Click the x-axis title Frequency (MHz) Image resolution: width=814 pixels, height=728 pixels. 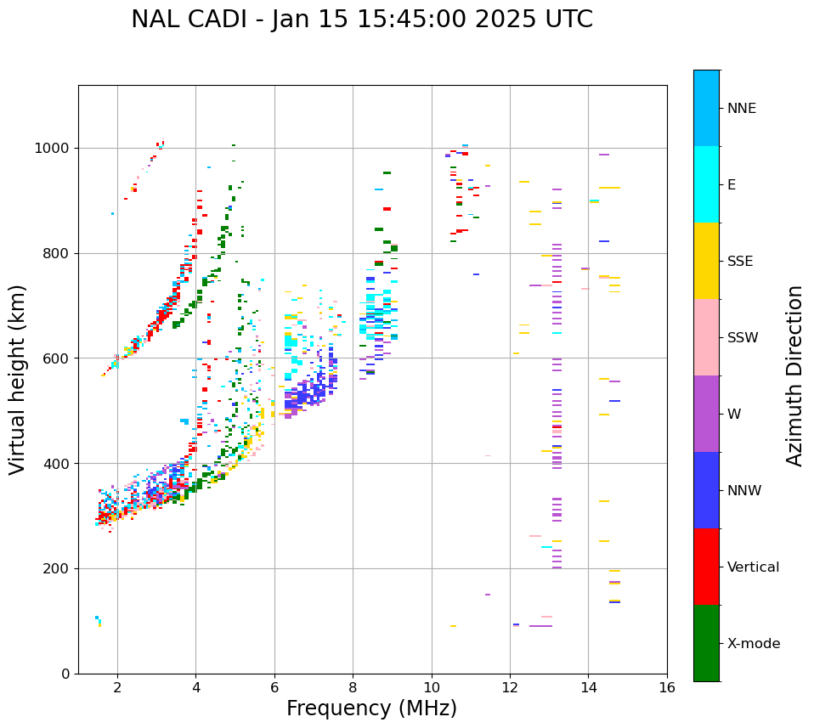point(371,708)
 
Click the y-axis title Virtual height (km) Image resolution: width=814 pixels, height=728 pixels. point(19,380)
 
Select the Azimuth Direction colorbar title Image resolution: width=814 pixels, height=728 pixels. point(794,375)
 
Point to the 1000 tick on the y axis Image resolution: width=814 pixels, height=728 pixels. point(54,148)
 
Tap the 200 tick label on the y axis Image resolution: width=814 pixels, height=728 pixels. point(59,568)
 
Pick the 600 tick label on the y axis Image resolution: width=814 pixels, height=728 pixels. point(59,358)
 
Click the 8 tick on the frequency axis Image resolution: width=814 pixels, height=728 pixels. point(353,687)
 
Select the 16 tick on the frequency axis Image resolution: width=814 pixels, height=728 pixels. point(666,687)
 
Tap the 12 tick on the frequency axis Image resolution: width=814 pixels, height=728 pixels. point(510,687)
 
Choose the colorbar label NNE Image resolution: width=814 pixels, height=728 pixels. point(741,109)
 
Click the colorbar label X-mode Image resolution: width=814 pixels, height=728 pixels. point(753,644)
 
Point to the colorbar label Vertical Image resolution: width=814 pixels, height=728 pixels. point(753,567)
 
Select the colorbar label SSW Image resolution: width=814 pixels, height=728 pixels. point(743,338)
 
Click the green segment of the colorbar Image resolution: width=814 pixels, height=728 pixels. point(706,643)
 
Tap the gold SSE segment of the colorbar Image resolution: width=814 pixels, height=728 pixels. point(706,261)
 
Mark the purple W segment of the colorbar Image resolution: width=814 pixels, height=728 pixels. point(706,414)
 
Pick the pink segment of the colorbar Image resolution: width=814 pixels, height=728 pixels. point(706,337)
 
